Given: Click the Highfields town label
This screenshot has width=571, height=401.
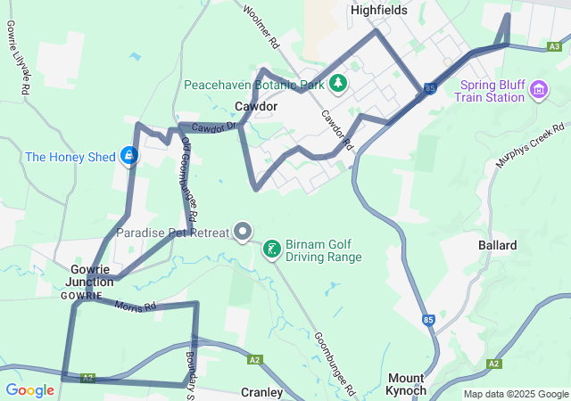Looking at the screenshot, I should point(378,11).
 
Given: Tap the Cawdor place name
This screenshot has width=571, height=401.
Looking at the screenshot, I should point(255,106).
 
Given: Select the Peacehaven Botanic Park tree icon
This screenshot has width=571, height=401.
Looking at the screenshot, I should point(338,85).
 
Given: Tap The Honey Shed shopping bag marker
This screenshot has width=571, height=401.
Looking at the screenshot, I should point(129,157).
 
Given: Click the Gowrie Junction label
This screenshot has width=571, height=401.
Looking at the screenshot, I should point(88,274).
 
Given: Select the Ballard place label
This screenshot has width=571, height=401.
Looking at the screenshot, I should point(497,245).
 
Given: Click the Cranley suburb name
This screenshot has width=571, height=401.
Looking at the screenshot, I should point(262,392).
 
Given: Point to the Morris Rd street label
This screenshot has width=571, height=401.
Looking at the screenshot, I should point(135,305).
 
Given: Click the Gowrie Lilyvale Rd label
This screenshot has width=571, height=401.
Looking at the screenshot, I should point(19,61).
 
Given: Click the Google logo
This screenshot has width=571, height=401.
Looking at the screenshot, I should point(29,390).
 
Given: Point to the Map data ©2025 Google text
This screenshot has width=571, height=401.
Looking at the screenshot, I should point(515,394).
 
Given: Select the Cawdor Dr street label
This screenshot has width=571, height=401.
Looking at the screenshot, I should point(212,128).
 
